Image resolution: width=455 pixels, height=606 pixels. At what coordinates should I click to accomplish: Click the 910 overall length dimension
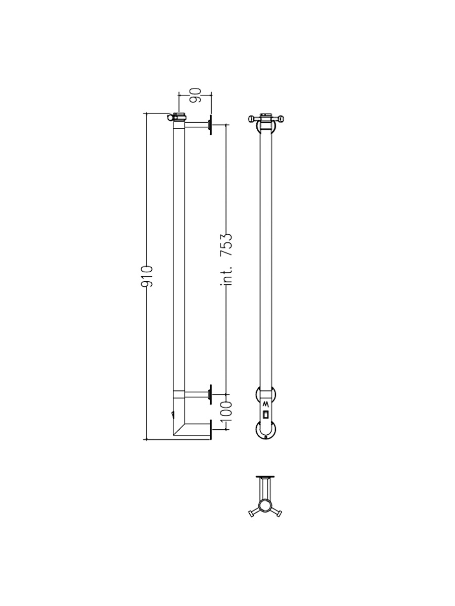coord(147,276)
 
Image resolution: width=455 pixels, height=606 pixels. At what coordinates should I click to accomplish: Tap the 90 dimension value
coord(195,95)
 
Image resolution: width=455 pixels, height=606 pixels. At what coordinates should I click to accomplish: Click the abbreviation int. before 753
coord(226,276)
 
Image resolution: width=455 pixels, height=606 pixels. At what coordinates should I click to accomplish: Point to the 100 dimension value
coord(226,412)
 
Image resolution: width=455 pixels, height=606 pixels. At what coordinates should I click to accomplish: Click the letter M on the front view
coord(265,405)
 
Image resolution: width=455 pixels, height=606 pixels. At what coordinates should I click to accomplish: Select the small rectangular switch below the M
coord(265,415)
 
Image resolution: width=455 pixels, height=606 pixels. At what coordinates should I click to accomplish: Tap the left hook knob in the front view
coord(251,119)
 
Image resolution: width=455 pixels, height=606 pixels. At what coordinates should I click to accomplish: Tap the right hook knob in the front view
coord(281,119)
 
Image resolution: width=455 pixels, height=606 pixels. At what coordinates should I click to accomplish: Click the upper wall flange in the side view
coord(211,125)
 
